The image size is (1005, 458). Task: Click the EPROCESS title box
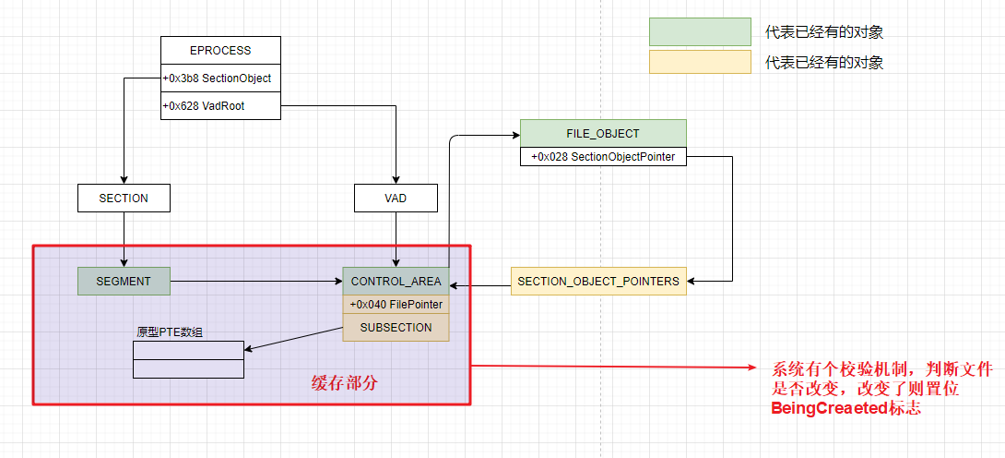[x=220, y=51]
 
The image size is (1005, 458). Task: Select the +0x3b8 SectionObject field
[x=220, y=78]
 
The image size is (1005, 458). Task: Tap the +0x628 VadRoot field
[x=220, y=106]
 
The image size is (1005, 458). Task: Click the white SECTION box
[x=124, y=198]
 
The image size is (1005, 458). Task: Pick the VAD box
[x=395, y=198]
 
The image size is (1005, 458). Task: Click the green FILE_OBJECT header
[x=603, y=134]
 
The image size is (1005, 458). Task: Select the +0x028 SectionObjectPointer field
[x=603, y=157]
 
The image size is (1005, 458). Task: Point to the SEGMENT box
[x=124, y=281]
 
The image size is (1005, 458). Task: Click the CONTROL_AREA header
[x=396, y=281]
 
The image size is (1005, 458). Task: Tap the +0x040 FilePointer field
[x=396, y=305]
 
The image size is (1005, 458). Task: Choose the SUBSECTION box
[x=396, y=328]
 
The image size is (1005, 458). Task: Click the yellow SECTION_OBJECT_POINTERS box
[x=598, y=281]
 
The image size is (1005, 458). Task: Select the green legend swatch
[x=700, y=32]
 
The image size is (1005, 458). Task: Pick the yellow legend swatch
[x=700, y=63]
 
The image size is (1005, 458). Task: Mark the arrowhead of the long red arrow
[x=758, y=368]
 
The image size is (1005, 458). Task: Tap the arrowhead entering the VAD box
[x=395, y=180]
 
